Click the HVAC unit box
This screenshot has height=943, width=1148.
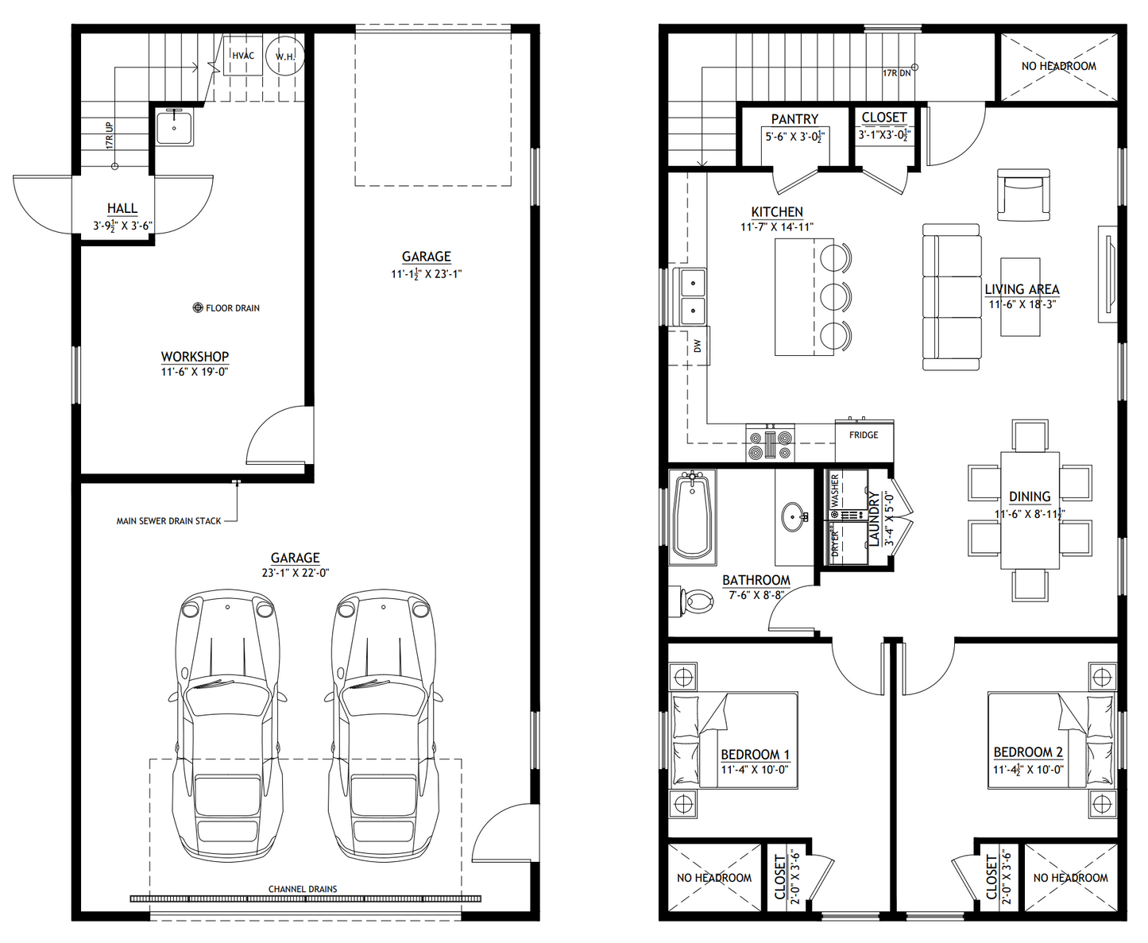242,56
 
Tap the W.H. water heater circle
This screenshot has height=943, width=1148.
285,56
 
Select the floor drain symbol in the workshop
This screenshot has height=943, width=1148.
198,307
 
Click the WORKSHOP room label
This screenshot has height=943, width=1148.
195,357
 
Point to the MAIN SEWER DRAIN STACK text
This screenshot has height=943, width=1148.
168,521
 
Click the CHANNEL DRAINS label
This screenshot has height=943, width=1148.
303,889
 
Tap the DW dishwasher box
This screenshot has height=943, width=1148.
698,346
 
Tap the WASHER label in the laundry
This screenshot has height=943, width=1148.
834,490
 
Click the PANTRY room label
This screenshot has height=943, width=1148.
794,118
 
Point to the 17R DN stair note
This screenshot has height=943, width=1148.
897,73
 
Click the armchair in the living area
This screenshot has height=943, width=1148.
1023,195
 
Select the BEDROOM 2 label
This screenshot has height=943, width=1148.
1028,752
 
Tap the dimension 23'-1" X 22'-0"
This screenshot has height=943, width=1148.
296,573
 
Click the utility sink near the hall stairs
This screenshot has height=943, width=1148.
174,128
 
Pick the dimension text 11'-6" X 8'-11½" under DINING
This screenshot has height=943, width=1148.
1029,514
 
